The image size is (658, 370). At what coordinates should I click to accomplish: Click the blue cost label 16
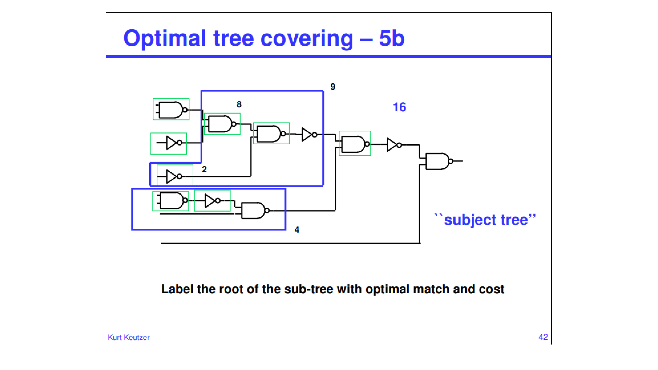click(x=399, y=107)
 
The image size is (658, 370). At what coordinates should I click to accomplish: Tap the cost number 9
click(x=333, y=86)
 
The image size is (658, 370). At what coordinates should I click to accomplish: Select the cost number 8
click(x=239, y=104)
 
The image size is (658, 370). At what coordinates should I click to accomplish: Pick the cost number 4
click(x=297, y=230)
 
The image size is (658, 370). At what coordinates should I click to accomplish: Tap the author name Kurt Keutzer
click(x=129, y=337)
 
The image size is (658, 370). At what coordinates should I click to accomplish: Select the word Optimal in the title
click(x=164, y=38)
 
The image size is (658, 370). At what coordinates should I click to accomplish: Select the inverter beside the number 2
click(x=174, y=176)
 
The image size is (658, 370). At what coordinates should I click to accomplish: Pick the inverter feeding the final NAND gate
click(x=394, y=145)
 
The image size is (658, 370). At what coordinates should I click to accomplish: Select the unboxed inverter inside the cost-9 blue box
click(x=309, y=134)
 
